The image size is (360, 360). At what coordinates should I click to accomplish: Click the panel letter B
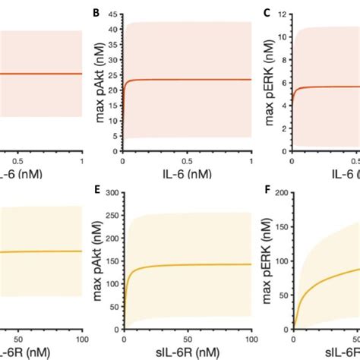95,13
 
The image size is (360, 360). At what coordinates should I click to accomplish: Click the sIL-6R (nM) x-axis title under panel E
186,352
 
